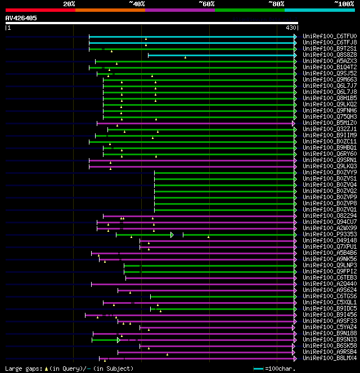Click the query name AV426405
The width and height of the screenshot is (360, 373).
tap(21, 18)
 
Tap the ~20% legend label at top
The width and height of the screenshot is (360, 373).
tap(69, 3)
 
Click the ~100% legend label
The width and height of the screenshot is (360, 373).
tap(344, 3)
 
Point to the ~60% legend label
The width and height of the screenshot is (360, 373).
tap(206, 3)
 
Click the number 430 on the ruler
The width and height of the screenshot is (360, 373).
tap(291, 28)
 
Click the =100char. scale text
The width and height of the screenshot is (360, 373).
tap(282, 368)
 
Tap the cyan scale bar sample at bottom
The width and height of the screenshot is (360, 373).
tap(259, 368)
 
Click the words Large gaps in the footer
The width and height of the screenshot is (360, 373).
tap(21, 368)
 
